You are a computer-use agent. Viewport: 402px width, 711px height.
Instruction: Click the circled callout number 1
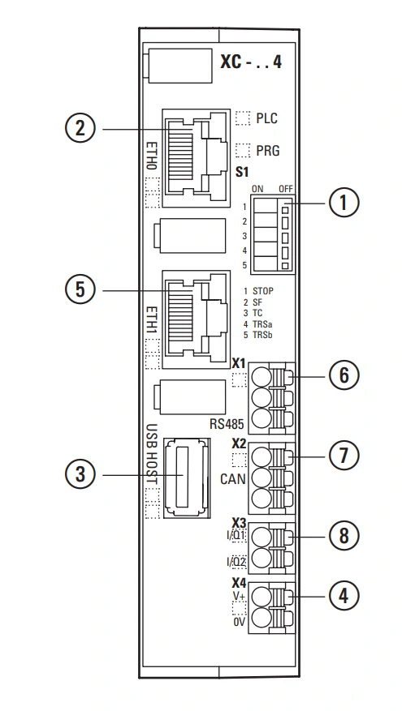pos(344,203)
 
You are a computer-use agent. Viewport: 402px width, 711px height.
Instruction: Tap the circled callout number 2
pos(80,129)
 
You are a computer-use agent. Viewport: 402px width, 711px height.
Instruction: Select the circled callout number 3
pos(80,475)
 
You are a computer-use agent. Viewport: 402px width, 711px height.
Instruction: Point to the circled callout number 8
pos(344,536)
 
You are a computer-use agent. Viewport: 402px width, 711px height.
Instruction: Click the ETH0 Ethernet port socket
pos(197,158)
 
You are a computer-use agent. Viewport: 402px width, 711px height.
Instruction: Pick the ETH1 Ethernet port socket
pos(197,319)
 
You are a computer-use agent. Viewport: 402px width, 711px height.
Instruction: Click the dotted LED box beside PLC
pos(243,118)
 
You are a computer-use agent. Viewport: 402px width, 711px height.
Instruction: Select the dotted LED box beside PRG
pos(243,150)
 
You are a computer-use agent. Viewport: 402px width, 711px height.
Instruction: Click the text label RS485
pos(227,424)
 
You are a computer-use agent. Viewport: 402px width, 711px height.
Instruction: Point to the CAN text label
pos(233,479)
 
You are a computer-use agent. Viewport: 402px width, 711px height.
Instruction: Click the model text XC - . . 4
pos(251,62)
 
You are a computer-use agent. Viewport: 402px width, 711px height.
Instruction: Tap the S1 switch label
pos(242,173)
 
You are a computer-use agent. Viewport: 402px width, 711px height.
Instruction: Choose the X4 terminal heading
pos(239,583)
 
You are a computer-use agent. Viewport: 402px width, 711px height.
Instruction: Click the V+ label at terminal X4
pos(240,595)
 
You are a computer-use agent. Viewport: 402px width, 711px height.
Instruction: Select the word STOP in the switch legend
pos(263,291)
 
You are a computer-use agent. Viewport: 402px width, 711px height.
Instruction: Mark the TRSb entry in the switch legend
pos(262,336)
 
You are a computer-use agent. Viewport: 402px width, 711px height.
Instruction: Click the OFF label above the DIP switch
pos(286,190)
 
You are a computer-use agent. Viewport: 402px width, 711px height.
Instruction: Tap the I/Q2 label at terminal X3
pos(236,563)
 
